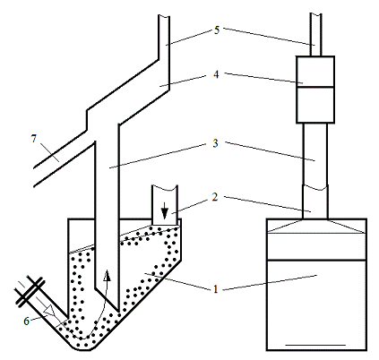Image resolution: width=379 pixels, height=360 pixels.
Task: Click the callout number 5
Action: (x=217, y=30)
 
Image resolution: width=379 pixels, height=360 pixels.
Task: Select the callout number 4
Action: (x=216, y=74)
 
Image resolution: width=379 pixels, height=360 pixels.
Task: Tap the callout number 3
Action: (x=216, y=143)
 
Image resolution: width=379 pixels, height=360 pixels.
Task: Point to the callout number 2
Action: (x=215, y=197)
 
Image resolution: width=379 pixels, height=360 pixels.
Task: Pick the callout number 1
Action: (x=216, y=289)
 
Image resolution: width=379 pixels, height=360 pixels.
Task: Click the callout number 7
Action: (x=34, y=139)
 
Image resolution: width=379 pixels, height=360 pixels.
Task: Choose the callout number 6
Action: (x=27, y=321)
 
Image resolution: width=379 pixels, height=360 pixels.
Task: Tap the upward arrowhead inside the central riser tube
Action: (x=107, y=276)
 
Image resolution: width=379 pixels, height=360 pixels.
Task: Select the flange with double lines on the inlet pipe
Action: (x=30, y=290)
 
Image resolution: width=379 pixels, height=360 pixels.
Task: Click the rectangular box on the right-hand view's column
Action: (x=315, y=90)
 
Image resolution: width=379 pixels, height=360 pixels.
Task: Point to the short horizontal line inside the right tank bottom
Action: (x=315, y=345)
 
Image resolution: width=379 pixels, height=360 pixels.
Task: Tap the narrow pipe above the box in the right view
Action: (x=315, y=34)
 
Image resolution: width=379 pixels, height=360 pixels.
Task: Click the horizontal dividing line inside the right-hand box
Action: (x=315, y=87)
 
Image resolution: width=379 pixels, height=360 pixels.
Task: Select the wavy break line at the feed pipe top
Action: (x=165, y=187)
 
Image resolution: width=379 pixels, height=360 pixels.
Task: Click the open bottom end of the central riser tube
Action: (x=107, y=299)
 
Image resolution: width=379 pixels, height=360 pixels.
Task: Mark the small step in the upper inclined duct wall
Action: (x=87, y=120)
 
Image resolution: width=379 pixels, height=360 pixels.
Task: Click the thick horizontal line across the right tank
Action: (x=316, y=261)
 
